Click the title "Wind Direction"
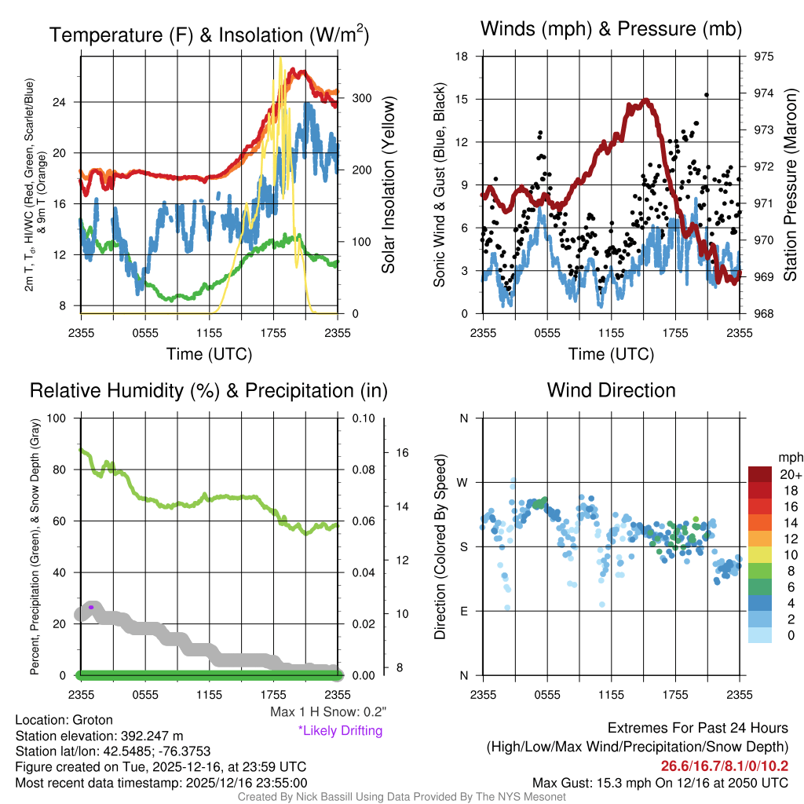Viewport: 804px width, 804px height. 611,390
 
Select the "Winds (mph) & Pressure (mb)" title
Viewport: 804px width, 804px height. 611,30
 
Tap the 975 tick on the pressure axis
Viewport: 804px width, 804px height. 764,57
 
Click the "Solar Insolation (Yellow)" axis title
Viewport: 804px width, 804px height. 389,185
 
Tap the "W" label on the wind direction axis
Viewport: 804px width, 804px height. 464,482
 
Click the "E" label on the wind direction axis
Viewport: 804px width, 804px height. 464,611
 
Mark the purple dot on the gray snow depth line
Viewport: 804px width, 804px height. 91,607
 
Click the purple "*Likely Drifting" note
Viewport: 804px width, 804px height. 339,730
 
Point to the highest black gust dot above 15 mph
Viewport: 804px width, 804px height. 707,95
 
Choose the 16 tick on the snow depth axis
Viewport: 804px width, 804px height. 401,453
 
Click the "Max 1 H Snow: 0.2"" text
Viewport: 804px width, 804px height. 328,712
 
